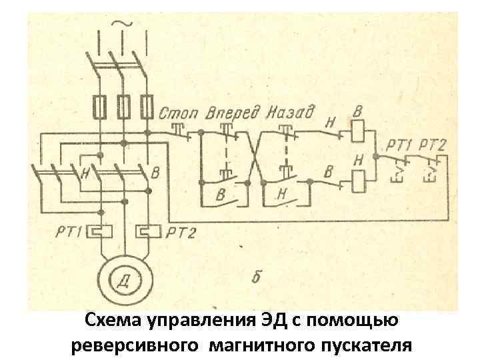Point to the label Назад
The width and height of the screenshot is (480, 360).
(x=291, y=111)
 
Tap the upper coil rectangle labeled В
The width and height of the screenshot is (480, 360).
(x=358, y=130)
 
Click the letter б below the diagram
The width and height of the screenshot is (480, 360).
(x=256, y=276)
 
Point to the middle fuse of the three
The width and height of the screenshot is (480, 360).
(x=123, y=106)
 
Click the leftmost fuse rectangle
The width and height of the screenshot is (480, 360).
(x=99, y=106)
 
